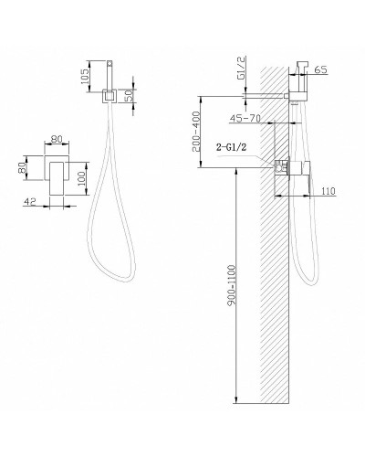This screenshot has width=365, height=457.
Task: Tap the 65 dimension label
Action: click(x=320, y=69)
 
